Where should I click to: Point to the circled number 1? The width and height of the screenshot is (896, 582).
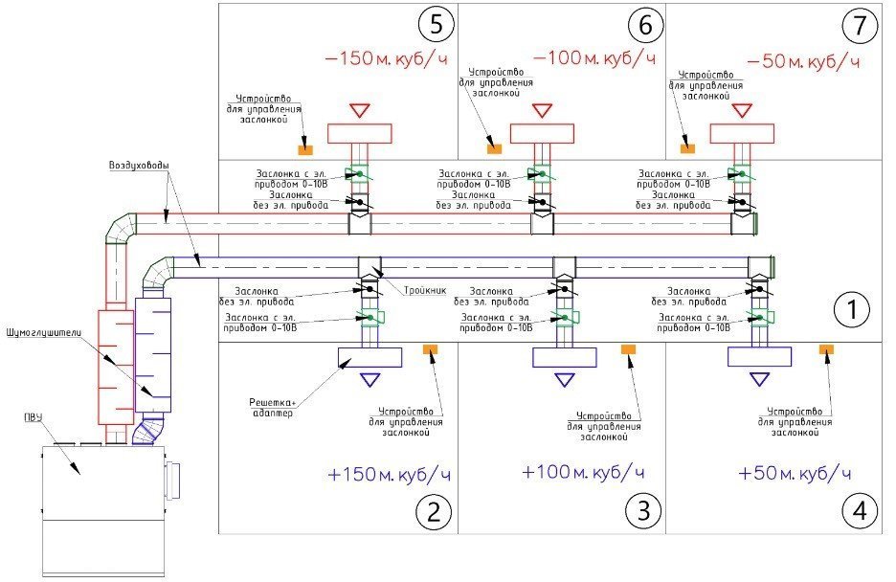coord(850,310)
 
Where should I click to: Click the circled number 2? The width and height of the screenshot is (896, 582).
coord(433,512)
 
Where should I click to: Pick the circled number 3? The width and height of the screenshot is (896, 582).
coord(643,512)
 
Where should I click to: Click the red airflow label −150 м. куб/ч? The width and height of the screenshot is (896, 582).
coord(387,58)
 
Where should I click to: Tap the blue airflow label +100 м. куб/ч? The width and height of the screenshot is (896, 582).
coord(583,473)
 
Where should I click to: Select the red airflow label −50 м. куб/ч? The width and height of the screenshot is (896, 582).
coord(802,62)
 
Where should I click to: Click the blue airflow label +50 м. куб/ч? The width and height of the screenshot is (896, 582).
coord(795,474)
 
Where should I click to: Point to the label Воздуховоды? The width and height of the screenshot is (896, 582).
coord(139,166)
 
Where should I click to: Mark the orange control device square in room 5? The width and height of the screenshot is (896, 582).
coord(304,149)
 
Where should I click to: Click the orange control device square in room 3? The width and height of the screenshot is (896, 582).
coord(629,351)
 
